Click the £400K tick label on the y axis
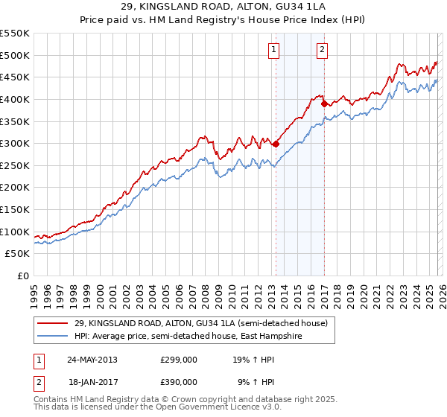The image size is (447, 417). tap(15, 99)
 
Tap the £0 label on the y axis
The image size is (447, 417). tap(22, 276)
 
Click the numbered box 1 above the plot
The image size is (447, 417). tap(274, 50)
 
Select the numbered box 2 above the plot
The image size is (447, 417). tap(322, 50)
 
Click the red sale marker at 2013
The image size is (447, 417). tap(276, 144)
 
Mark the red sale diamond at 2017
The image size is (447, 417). tap(324, 104)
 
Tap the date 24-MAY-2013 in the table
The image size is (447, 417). tap(92, 359)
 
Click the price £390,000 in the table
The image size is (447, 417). tap(179, 381)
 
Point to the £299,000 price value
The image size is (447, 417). tap(179, 359)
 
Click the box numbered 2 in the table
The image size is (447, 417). tap(37, 381)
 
